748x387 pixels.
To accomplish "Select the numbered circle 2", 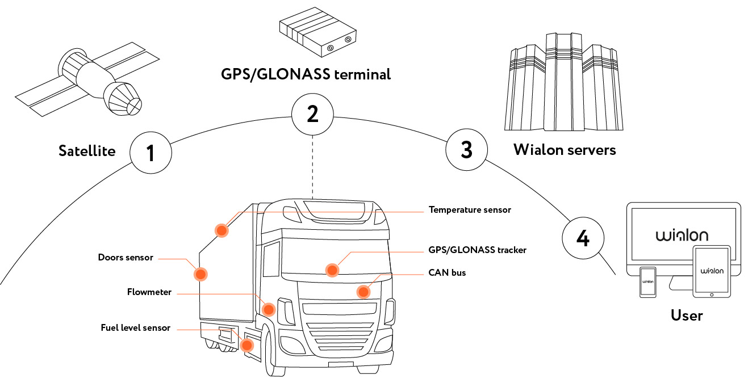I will [312, 114].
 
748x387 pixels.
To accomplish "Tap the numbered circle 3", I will [466, 150].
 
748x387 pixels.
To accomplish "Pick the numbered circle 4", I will [583, 239].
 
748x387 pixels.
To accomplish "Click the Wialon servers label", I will [565, 150].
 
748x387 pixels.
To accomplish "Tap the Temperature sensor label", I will [470, 210].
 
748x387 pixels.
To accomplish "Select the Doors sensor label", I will [126, 258].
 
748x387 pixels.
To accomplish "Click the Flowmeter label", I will [149, 292].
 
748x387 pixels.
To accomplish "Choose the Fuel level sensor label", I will [136, 327].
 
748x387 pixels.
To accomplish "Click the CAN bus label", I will [447, 273].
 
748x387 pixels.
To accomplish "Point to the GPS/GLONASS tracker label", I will [477, 250].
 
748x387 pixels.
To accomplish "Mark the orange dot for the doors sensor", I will [200, 274].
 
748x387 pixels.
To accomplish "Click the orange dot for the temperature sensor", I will [221, 230].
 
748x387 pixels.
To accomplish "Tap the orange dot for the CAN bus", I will [363, 292].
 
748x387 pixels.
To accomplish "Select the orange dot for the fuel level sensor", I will [247, 345].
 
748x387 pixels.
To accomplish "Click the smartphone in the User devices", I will [647, 281].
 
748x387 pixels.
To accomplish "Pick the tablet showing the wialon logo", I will [712, 271].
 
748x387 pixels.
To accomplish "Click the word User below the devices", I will [687, 315].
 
